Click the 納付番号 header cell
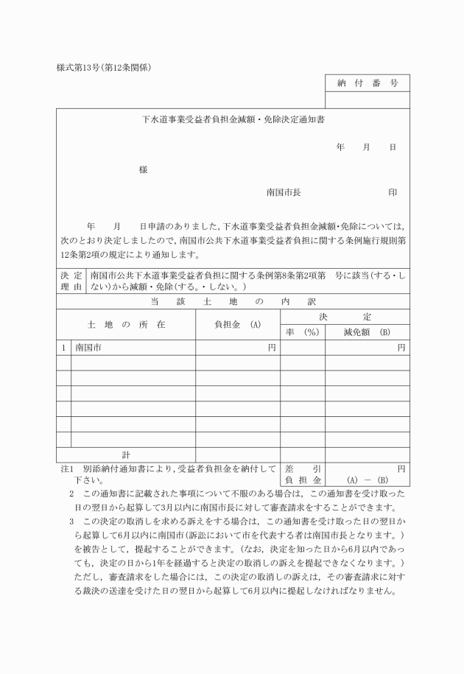tap(368, 83)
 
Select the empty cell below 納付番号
tap(368, 99)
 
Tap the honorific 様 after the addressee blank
tap(143, 170)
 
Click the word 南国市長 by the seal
tap(284, 192)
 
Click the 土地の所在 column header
tap(126, 324)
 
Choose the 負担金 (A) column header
tap(237, 324)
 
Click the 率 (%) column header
tap(302, 332)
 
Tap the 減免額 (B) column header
tap(367, 332)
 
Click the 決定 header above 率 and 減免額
tap(345, 316)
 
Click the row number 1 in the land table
tap(64, 347)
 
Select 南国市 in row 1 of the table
tap(88, 347)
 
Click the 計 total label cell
tap(126, 454)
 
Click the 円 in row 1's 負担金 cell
tap(272, 347)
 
